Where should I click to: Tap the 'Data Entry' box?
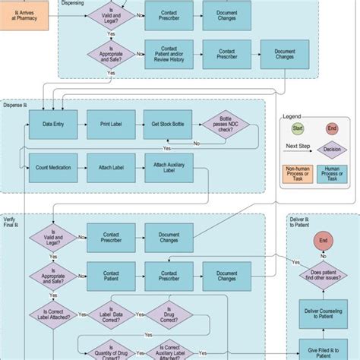[x=52, y=124]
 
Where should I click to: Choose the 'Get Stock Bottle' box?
[x=168, y=124]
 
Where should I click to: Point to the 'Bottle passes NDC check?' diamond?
[x=226, y=125]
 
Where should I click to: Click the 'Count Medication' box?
[x=52, y=166]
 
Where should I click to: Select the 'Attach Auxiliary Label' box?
[x=168, y=167]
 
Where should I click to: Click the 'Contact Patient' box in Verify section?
[x=111, y=273]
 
